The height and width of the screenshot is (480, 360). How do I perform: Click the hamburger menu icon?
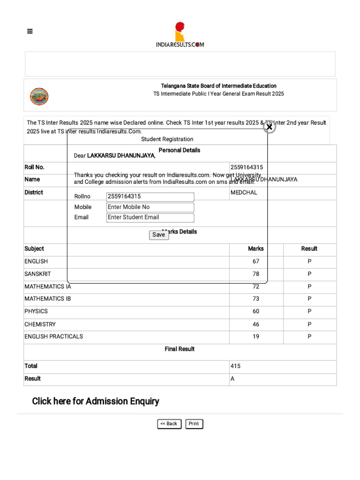pos(30,31)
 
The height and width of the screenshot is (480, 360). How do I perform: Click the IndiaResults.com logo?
pos(180,35)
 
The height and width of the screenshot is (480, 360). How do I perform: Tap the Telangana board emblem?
pos(39,97)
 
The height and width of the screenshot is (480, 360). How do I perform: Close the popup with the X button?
pos(269,127)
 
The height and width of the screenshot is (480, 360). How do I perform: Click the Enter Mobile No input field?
pos(150,207)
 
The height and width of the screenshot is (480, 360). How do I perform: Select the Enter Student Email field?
pos(150,217)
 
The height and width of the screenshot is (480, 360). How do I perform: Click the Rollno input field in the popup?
pos(150,197)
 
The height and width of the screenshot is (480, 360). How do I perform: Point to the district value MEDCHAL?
pos(244,193)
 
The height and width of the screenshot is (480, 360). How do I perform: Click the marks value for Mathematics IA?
pos(255,286)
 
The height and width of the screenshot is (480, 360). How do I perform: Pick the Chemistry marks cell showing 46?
pos(255,324)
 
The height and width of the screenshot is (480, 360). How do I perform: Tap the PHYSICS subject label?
pos(36,311)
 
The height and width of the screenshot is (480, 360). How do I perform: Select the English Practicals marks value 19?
pos(255,337)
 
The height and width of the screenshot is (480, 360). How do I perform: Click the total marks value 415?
pos(236,366)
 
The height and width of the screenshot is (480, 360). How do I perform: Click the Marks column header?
pos(255,249)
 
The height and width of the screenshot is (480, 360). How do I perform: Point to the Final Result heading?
pos(180,349)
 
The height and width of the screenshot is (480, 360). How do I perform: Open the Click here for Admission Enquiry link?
pos(96,401)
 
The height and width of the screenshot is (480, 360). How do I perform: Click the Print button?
pos(194,424)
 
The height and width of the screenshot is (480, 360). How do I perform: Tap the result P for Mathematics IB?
pos(309,299)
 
